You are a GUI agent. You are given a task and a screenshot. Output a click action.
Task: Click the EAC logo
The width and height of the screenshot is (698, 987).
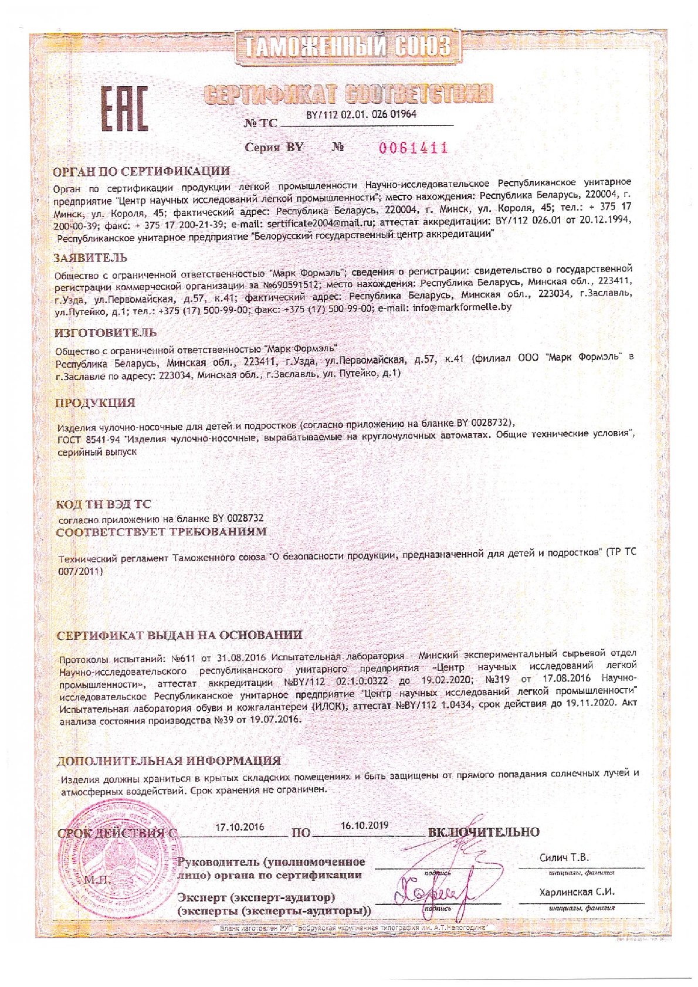point(125,108)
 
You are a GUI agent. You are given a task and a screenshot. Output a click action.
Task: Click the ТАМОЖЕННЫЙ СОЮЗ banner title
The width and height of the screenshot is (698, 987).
point(348,47)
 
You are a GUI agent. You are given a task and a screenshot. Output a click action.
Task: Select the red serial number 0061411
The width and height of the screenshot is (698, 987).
point(414,147)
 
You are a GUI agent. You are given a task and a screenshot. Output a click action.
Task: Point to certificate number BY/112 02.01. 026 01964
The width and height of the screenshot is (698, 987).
point(361,114)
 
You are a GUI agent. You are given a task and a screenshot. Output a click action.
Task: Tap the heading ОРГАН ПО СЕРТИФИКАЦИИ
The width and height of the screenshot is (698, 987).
point(141,171)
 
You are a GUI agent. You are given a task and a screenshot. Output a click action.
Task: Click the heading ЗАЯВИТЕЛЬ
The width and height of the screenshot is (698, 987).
point(90,257)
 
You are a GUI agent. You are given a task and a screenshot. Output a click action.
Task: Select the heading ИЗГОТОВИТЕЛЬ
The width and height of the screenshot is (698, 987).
point(106,333)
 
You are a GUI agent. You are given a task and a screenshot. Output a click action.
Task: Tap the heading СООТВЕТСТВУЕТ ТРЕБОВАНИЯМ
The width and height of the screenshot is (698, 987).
point(161,532)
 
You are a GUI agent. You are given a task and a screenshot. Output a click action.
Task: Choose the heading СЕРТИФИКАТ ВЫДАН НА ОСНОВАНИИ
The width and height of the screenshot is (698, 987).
point(180,635)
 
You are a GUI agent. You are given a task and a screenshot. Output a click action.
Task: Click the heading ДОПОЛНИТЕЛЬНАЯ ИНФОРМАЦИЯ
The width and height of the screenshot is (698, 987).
point(168,761)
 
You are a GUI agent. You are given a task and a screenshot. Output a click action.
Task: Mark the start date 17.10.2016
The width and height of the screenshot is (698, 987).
point(239,827)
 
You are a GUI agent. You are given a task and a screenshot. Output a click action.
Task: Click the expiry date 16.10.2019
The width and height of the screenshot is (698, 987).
point(364,825)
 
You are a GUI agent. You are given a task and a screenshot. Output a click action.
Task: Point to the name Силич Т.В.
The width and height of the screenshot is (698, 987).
point(564,857)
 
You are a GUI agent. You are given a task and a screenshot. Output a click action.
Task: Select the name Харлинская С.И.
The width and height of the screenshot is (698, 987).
point(577,892)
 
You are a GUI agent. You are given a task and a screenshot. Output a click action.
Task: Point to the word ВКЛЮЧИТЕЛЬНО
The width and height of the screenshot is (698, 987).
point(484,832)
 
